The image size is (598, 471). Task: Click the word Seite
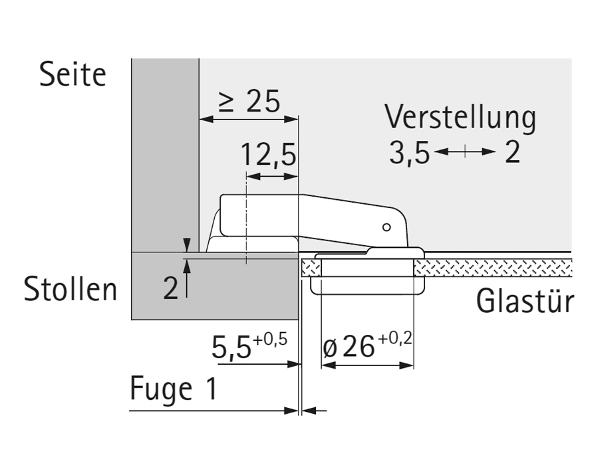[x=73, y=74]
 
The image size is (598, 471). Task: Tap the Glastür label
[x=524, y=302]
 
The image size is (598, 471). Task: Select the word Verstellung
[x=460, y=118]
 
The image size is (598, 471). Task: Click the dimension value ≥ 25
[x=250, y=102]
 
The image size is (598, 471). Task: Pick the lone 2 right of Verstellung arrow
[x=512, y=153]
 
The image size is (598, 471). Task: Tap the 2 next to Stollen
[x=171, y=289]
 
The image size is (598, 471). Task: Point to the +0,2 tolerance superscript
[x=395, y=339]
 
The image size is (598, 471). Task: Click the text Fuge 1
[x=174, y=389]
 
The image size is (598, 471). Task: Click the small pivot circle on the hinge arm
[x=386, y=227]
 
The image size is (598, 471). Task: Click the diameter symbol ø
[x=329, y=348]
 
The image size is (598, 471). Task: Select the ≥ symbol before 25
[x=227, y=102]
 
